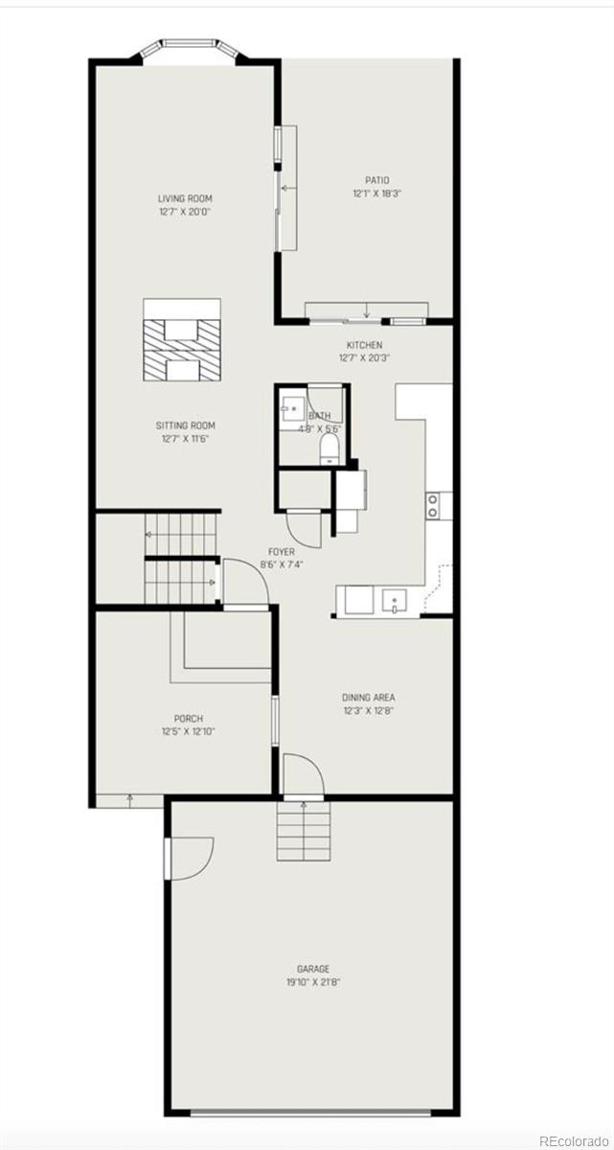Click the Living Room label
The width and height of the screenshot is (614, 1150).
[185, 198]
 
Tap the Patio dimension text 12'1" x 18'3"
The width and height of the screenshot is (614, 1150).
[376, 193]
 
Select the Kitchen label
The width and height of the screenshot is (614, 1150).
[364, 345]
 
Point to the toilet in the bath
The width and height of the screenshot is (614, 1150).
[329, 447]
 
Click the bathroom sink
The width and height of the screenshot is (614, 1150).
[291, 409]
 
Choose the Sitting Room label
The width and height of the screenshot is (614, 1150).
[185, 425]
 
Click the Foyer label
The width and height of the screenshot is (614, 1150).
[281, 552]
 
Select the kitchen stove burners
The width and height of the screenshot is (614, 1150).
[433, 505]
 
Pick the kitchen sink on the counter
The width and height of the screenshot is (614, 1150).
[395, 602]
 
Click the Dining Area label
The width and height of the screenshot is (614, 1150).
[369, 698]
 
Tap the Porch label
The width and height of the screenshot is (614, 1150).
[188, 719]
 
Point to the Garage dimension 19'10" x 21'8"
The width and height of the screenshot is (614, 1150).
[312, 982]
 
